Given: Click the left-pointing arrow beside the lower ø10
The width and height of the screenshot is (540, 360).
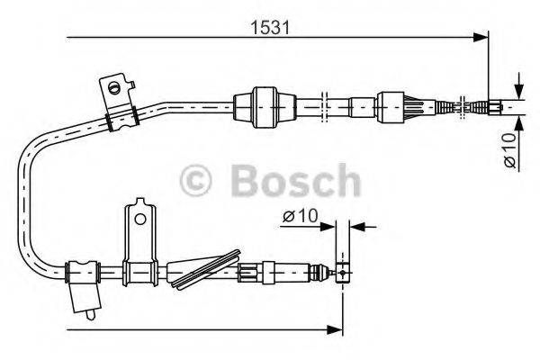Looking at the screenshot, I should click(355, 226).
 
